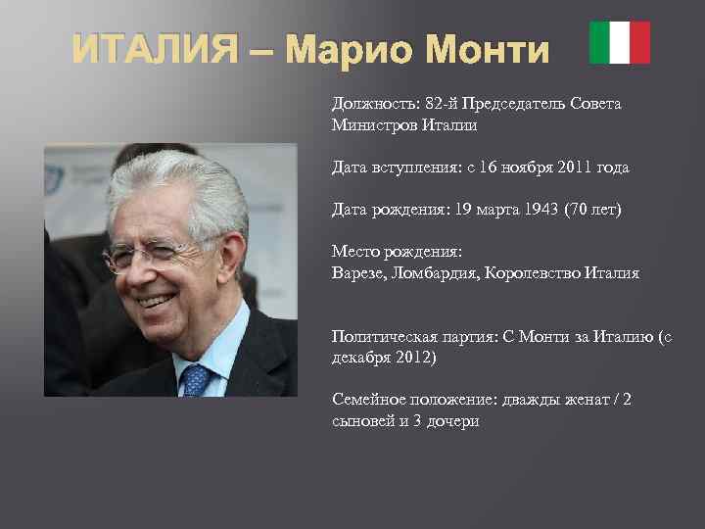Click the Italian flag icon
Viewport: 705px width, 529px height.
tap(620, 42)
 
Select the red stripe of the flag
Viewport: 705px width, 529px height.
tap(640, 42)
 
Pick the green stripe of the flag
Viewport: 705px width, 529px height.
tap(599, 42)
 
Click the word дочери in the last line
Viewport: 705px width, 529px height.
tap(450, 422)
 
